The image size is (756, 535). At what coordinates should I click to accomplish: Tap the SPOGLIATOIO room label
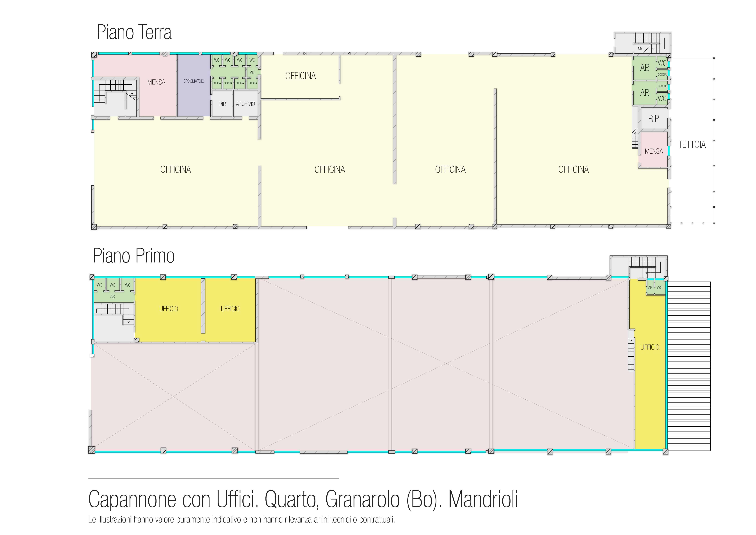coord(194,81)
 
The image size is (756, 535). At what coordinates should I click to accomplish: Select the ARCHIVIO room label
coord(245,104)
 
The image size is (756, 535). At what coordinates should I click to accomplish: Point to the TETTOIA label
coord(692,145)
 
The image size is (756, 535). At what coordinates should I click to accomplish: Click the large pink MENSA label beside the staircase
coord(156,82)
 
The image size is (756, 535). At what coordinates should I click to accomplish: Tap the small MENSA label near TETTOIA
coord(654,151)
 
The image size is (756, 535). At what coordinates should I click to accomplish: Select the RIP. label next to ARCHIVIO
coord(223,104)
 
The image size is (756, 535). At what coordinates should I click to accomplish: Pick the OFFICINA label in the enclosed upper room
coord(300,76)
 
